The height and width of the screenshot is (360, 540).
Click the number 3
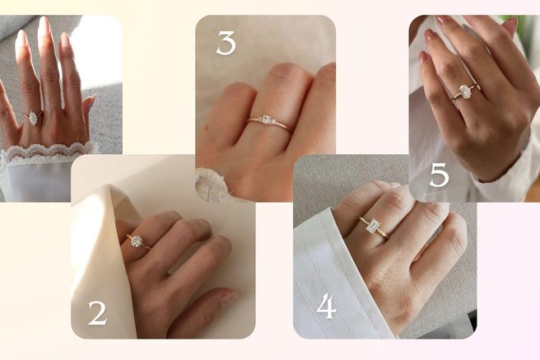[226, 43]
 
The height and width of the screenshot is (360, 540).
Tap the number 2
[97, 313]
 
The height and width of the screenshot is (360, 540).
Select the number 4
[326, 306]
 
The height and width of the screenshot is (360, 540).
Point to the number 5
[440, 175]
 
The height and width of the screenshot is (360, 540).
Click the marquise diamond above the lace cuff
[33, 118]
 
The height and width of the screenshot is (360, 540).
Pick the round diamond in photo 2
[137, 241]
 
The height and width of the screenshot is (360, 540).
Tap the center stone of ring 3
[266, 119]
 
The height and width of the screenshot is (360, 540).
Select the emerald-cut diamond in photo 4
[373, 226]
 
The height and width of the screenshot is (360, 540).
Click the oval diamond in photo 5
[465, 91]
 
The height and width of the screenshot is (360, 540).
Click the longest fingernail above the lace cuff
[44, 28]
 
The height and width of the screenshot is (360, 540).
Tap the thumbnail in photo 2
[229, 299]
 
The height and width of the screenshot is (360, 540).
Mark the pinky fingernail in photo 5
[425, 58]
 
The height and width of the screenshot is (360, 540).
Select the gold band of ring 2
[139, 241]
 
